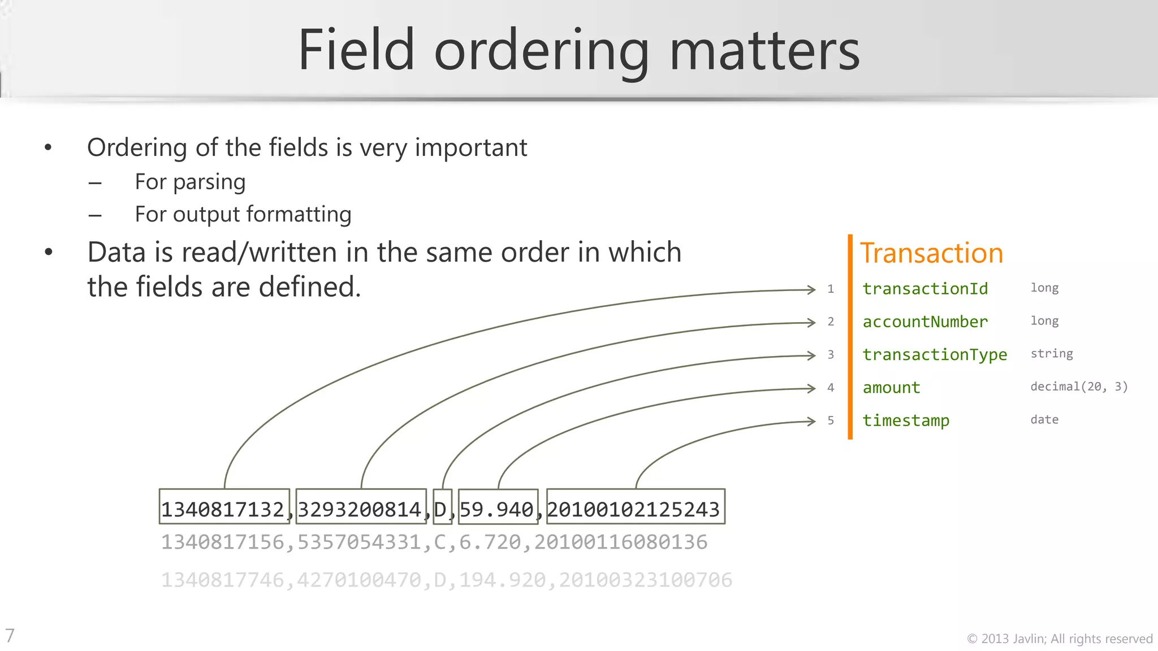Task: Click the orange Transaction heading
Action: coord(931,253)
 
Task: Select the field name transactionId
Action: coord(925,289)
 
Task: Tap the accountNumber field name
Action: coord(925,322)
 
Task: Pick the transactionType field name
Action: coord(935,355)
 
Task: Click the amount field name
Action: coord(891,388)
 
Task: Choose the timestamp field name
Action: coord(906,420)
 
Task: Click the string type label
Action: coord(1051,354)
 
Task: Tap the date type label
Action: coord(1044,420)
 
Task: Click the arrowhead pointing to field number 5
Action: coord(811,421)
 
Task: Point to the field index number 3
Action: coord(831,355)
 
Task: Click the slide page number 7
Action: coord(10,636)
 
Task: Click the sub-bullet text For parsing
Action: coord(190,182)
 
